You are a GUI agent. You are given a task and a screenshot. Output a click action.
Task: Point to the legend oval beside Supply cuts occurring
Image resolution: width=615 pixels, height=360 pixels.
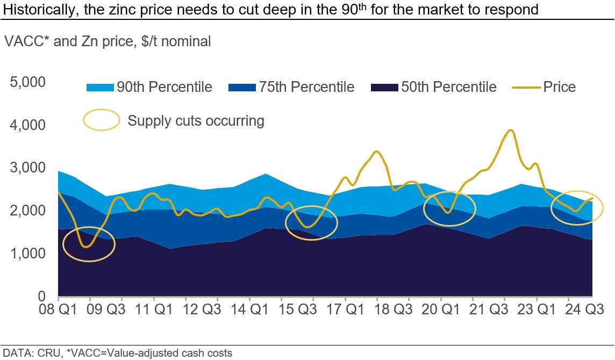tap(101, 120)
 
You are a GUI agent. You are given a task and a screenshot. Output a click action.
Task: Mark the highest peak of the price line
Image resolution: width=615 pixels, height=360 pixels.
tap(511, 130)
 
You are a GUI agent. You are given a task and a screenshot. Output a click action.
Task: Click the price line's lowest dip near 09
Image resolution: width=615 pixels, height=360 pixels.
tap(85, 247)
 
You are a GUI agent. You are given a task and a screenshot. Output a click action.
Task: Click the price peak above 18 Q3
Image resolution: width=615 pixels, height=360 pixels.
tap(377, 152)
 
